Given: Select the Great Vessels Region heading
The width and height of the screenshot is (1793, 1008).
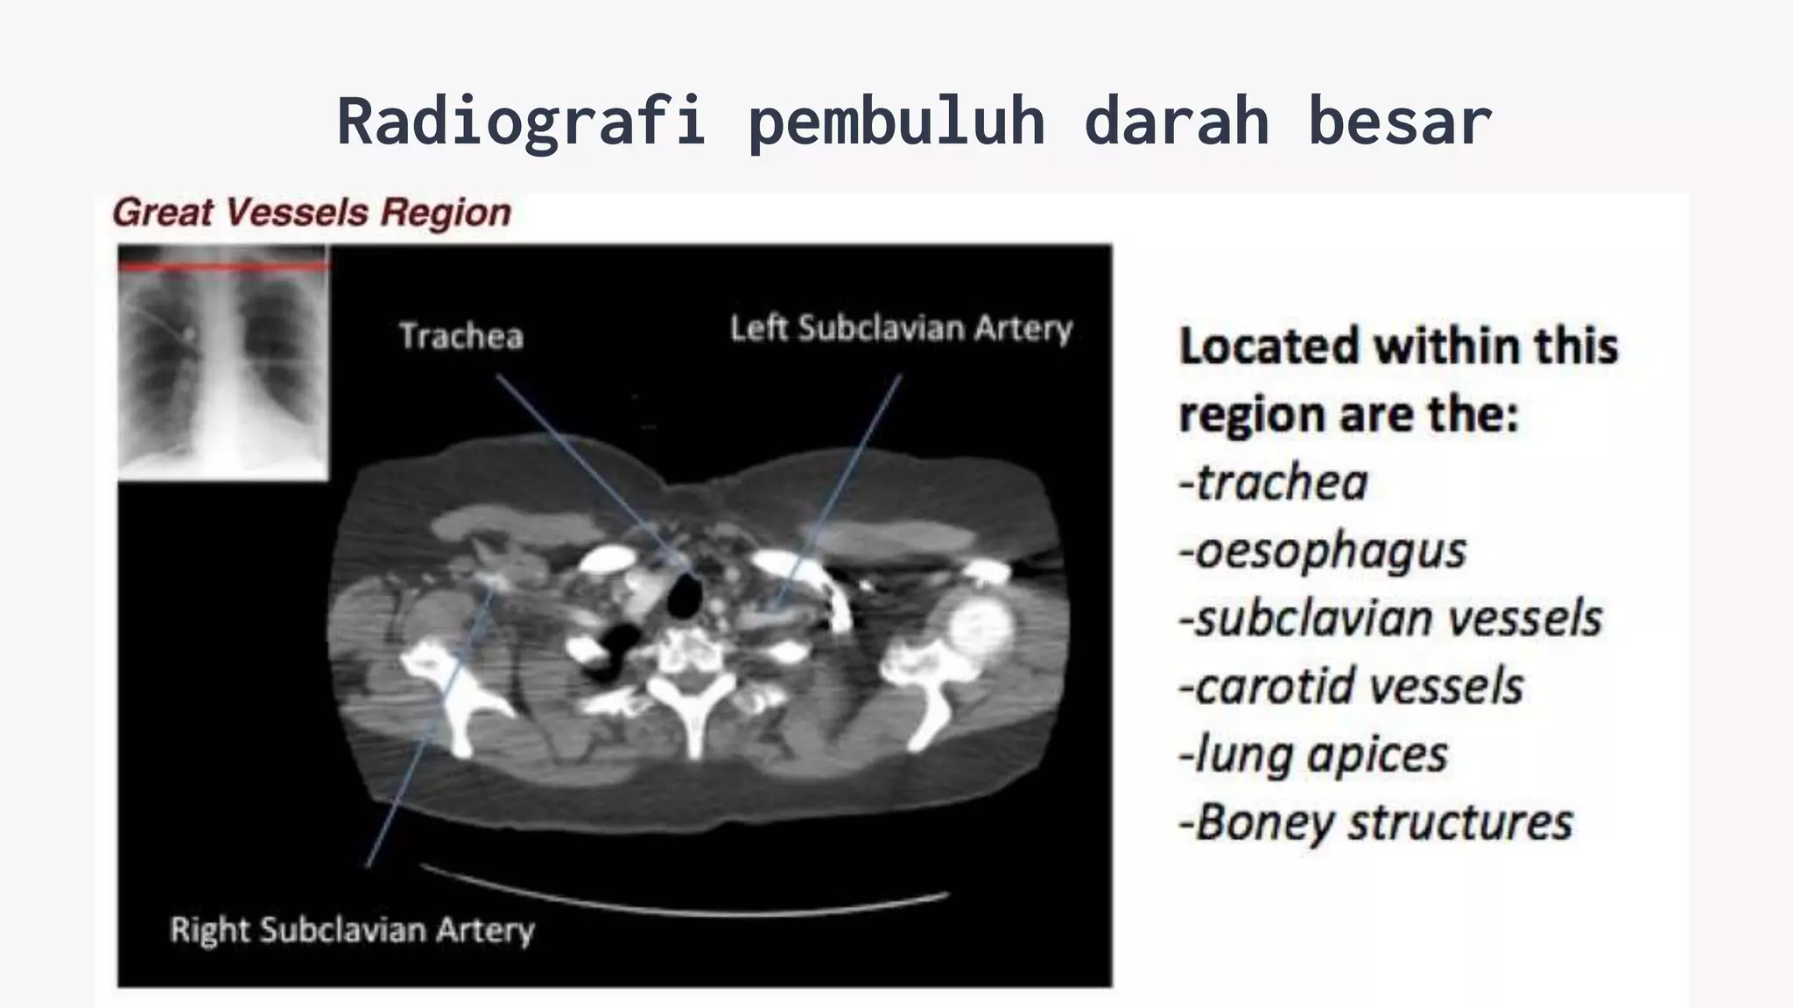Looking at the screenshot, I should (x=312, y=213).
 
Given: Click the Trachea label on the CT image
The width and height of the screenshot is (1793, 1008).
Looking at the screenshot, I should (x=461, y=336).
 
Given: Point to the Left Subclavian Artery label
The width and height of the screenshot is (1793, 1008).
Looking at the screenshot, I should (x=901, y=328).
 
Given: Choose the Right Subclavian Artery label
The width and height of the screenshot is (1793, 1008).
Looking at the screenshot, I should (x=352, y=929).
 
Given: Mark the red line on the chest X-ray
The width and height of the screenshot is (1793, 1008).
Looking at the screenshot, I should (x=222, y=264).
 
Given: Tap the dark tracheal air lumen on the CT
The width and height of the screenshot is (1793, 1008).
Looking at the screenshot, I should (x=684, y=598).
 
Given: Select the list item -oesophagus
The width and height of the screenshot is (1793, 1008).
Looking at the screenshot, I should (x=1322, y=551).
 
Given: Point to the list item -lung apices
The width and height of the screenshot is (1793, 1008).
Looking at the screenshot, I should (x=1313, y=754).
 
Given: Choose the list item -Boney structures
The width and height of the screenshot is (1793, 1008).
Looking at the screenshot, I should (x=1375, y=822).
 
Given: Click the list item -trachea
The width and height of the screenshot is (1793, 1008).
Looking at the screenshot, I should (x=1274, y=483).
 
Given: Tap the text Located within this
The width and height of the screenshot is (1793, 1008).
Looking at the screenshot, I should (x=1398, y=346).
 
